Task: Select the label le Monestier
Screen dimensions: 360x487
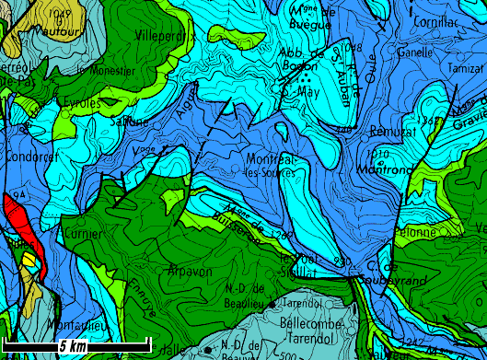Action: coord(107,70)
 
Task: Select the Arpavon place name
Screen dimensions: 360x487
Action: coord(191,270)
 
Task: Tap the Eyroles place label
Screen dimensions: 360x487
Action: coord(82,103)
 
